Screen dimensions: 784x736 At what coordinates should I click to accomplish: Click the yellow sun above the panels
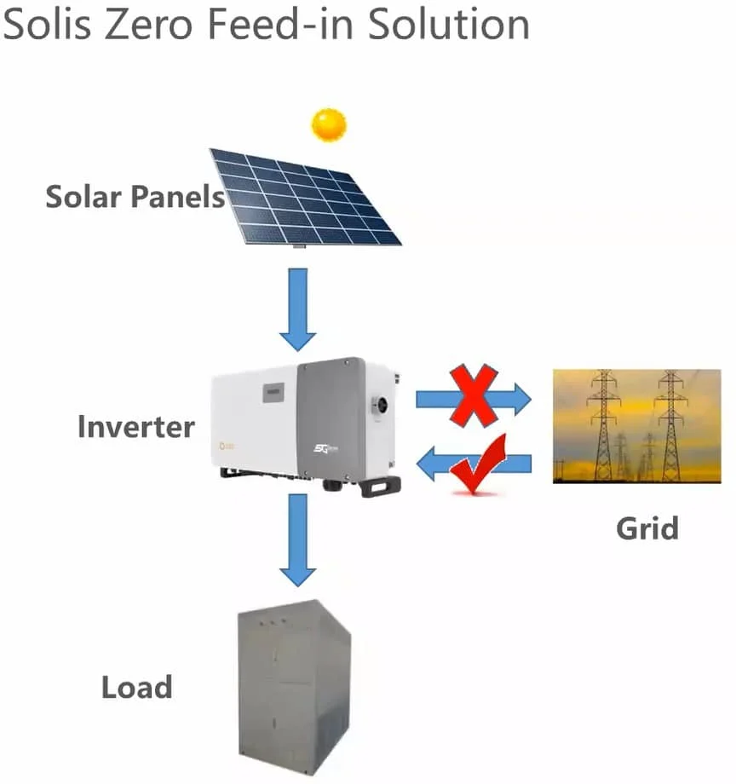click(x=328, y=125)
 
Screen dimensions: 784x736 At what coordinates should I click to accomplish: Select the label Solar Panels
click(x=135, y=197)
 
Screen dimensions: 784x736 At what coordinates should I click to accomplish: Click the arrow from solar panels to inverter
click(x=298, y=308)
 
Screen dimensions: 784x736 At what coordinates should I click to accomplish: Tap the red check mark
click(x=479, y=464)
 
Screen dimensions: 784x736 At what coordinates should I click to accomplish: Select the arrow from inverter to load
click(x=298, y=539)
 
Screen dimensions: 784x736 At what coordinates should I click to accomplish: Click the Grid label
click(x=647, y=528)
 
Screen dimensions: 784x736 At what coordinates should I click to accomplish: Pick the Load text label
click(x=136, y=687)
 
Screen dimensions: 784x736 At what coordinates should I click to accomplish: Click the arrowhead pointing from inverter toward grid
click(x=520, y=398)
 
